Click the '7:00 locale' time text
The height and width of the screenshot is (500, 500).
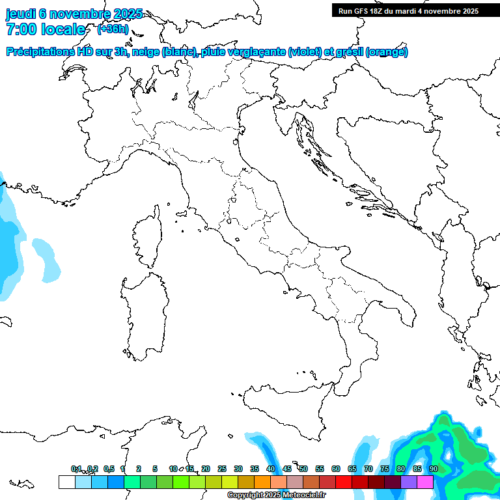coord(46,29)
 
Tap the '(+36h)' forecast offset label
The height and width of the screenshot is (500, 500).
coord(113,29)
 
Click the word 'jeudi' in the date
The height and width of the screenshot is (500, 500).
coord(21,14)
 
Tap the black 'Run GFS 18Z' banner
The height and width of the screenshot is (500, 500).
coord(415,10)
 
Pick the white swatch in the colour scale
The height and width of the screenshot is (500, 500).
coord(66,482)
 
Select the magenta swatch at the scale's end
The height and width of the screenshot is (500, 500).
coord(425,482)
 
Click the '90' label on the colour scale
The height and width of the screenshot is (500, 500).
coord(434,469)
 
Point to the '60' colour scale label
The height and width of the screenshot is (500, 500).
coord(336,469)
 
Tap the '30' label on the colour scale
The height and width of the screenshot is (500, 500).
coord(238,469)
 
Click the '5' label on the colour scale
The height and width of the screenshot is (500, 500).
coord(155,469)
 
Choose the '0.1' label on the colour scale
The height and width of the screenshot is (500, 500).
coord(76,469)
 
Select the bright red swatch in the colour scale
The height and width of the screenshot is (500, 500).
coord(344,482)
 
